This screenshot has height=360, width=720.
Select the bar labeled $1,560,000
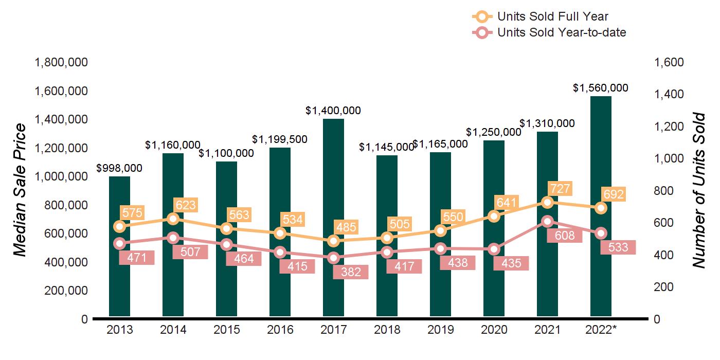coord(601,154)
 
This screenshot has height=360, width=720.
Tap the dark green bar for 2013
coord(119,288)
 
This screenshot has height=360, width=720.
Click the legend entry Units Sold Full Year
coord(553,17)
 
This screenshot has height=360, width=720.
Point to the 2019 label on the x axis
coord(440,330)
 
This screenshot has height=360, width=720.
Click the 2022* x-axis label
coord(601,330)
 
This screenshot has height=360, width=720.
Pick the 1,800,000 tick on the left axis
coord(61,62)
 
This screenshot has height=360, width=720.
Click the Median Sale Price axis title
coord(19,190)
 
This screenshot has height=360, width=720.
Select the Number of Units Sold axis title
coord(698,190)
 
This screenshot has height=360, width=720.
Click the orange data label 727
coord(560,189)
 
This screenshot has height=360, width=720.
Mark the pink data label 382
coord(351,272)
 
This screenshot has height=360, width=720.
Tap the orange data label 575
coord(132,212)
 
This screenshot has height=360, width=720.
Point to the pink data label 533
coord(618,247)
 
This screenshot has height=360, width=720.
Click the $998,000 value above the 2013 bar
coord(119,168)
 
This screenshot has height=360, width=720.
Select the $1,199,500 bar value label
coord(280,139)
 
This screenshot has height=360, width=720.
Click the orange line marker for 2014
coord(173,219)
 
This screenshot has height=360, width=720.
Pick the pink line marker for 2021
coord(547,222)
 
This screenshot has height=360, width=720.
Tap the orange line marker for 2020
coord(494,216)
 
